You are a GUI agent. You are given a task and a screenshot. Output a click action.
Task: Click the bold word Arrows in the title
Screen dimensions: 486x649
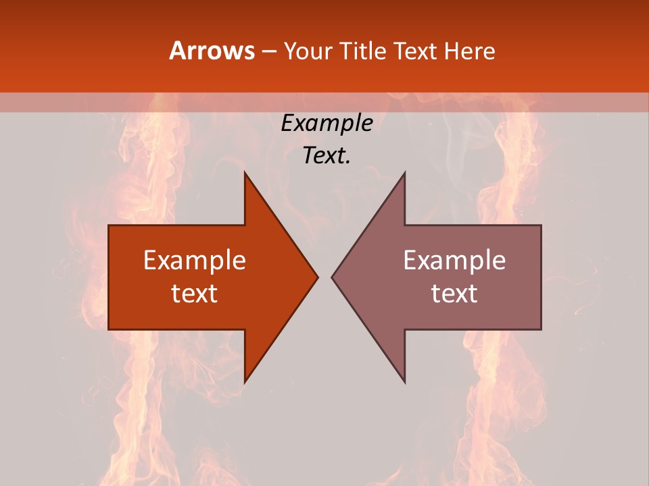(212, 51)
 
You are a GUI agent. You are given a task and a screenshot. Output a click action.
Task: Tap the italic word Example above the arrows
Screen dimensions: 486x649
(327, 123)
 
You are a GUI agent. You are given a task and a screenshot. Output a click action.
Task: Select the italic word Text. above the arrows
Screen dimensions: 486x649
(327, 155)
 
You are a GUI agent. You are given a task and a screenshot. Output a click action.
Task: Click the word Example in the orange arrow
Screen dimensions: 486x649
(195, 260)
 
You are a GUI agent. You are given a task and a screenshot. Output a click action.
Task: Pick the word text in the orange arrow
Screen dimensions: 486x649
(195, 293)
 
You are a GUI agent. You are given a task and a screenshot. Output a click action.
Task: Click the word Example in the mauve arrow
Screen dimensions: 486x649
(454, 260)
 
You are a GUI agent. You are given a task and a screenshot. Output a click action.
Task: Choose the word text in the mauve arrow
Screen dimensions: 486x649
(454, 293)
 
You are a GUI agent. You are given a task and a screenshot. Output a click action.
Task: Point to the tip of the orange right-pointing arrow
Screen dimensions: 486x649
(318, 277)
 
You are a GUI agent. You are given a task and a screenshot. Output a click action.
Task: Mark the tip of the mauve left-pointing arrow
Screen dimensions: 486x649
(331, 277)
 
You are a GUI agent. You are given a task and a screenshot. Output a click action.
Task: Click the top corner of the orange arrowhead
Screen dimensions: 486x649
(245, 172)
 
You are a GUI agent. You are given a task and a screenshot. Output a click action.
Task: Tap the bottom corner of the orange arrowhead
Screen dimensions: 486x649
(245, 383)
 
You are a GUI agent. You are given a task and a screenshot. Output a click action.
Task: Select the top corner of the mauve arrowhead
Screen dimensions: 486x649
(404, 172)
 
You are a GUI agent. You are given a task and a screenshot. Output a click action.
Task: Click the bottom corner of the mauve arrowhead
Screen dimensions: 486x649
(404, 383)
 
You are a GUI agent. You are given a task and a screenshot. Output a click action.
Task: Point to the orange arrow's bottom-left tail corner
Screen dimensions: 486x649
(109, 329)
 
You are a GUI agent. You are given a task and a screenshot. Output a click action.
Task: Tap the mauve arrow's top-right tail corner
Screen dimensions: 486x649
(541, 225)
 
